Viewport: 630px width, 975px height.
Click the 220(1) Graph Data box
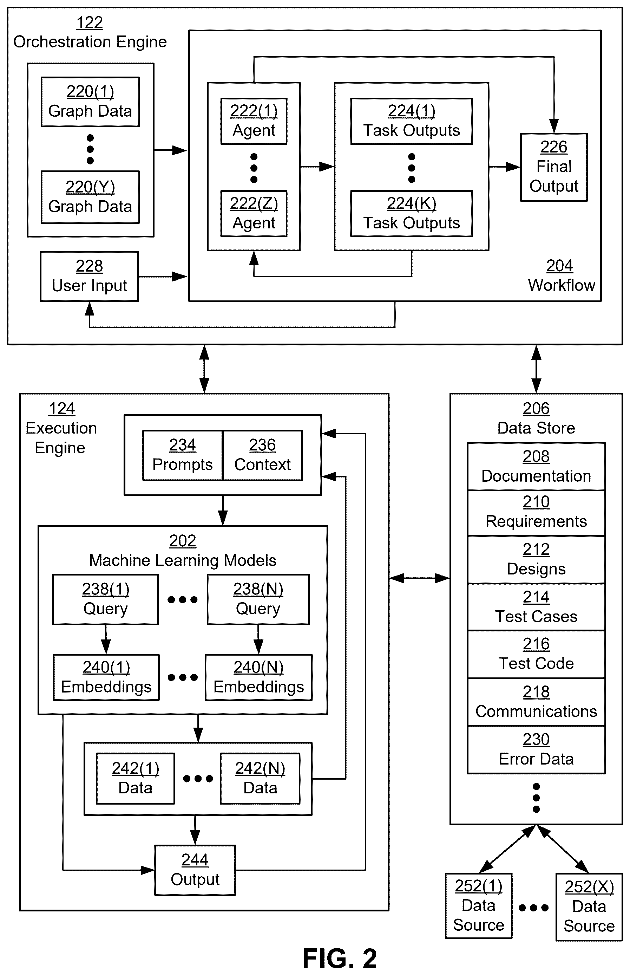pyautogui.click(x=90, y=102)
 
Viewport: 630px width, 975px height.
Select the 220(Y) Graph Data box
pyautogui.click(x=90, y=197)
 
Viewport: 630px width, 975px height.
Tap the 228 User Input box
pyautogui.click(x=89, y=276)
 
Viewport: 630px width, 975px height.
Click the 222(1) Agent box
pyautogui.click(x=254, y=121)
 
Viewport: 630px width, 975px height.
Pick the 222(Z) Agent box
pyautogui.click(x=254, y=214)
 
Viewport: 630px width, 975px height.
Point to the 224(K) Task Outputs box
pyautogui.click(x=412, y=214)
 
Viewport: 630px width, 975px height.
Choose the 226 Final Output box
pyautogui.click(x=554, y=167)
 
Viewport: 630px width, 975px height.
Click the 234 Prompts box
pyautogui.click(x=183, y=455)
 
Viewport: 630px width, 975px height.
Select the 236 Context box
pyautogui.click(x=263, y=455)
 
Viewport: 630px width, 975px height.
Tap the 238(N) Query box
pyautogui.click(x=258, y=599)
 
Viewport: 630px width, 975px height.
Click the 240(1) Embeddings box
pyautogui.click(x=106, y=677)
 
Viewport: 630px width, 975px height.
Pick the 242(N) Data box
pyautogui.click(x=260, y=779)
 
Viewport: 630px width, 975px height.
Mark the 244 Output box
pyautogui.click(x=195, y=870)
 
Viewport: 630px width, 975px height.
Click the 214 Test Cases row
pyautogui.click(x=536, y=607)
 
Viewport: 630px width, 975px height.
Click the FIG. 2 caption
pyautogui.click(x=340, y=958)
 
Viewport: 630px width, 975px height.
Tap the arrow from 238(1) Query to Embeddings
pyautogui.click(x=106, y=639)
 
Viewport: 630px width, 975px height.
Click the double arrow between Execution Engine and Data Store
pyautogui.click(x=420, y=578)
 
